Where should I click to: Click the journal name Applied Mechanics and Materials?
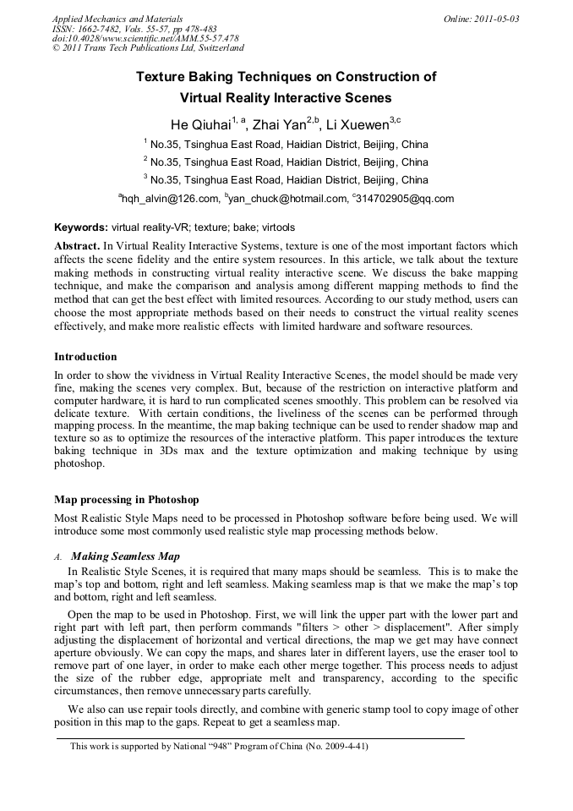[x=117, y=19]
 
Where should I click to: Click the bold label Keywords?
[x=81, y=227]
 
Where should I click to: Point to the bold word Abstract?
[x=77, y=244]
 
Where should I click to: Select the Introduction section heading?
[x=85, y=357]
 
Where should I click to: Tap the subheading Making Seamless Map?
[x=125, y=556]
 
